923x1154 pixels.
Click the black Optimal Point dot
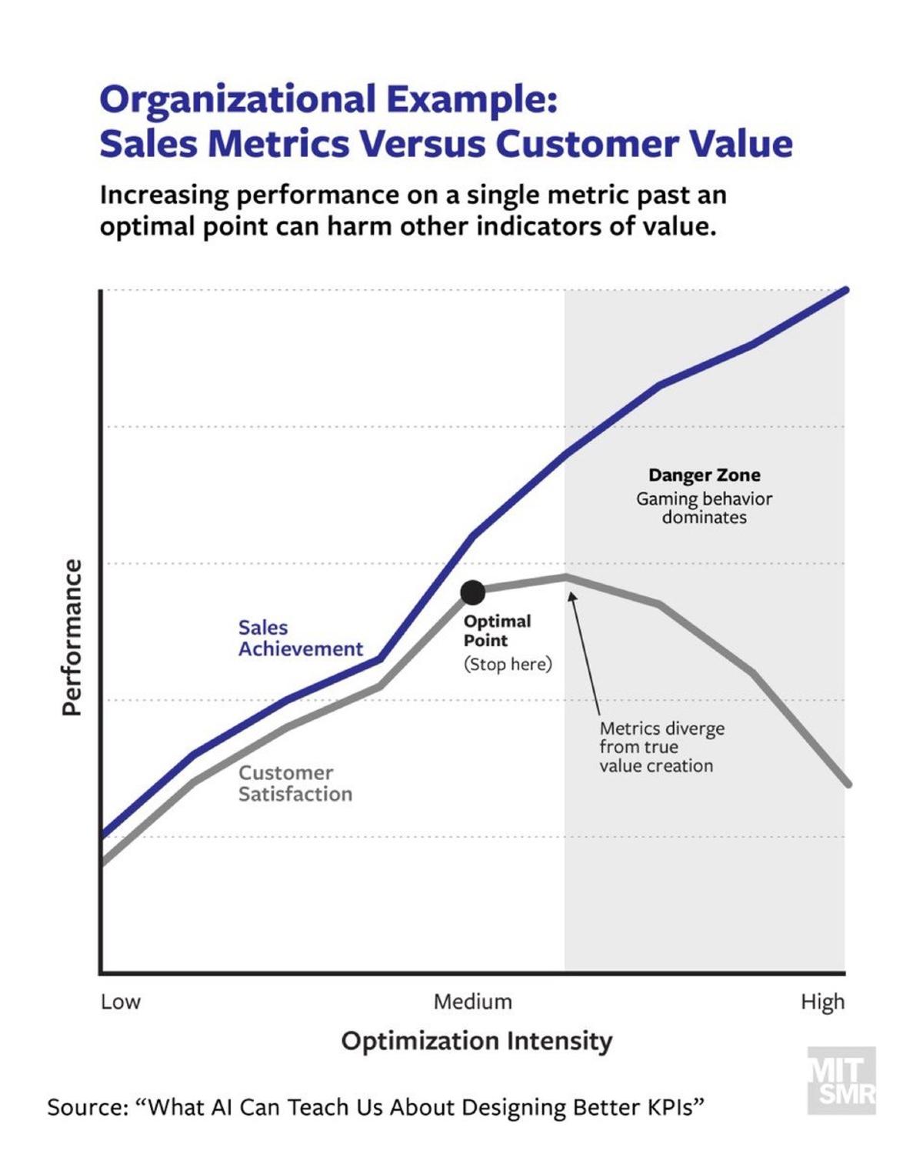click(x=473, y=592)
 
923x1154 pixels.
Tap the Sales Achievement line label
click(x=300, y=639)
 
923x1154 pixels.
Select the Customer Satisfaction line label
click(x=295, y=783)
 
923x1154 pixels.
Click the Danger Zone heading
click(x=704, y=475)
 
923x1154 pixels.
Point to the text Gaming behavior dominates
click(x=704, y=508)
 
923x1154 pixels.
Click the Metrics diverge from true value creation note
click(x=661, y=747)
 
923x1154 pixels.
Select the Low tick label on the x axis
click(x=121, y=1002)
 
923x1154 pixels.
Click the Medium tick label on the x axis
click(x=472, y=1002)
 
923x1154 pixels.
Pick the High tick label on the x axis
click(x=822, y=1002)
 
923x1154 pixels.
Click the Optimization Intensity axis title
click(x=477, y=1041)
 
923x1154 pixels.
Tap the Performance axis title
click(x=72, y=637)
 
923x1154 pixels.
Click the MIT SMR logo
click(x=841, y=1080)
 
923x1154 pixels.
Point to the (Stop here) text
click(x=508, y=664)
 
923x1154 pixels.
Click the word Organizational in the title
click(x=238, y=100)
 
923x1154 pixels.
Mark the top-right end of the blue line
click(x=845, y=290)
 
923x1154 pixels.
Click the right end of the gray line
click(x=848, y=784)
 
